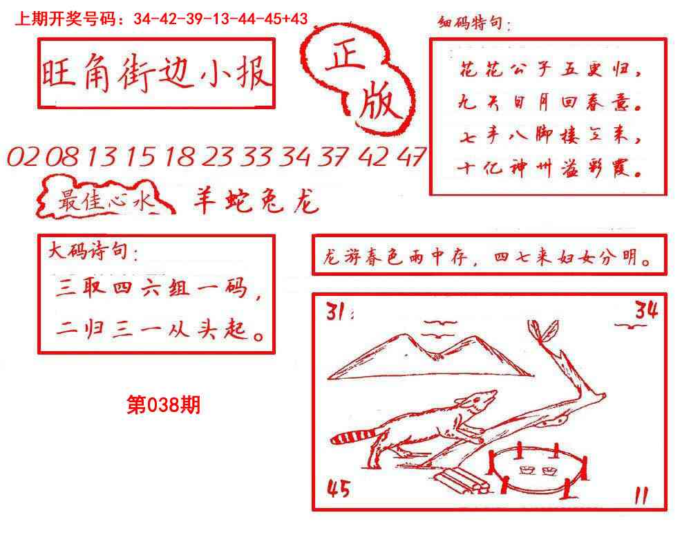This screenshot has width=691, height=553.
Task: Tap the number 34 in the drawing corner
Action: (647, 310)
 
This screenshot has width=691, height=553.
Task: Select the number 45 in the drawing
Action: (338, 489)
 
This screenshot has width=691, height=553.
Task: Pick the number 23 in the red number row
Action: (218, 158)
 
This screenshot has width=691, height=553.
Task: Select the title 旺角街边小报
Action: (156, 73)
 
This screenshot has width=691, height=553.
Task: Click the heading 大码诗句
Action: (93, 252)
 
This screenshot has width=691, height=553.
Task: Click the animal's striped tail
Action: (353, 437)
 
